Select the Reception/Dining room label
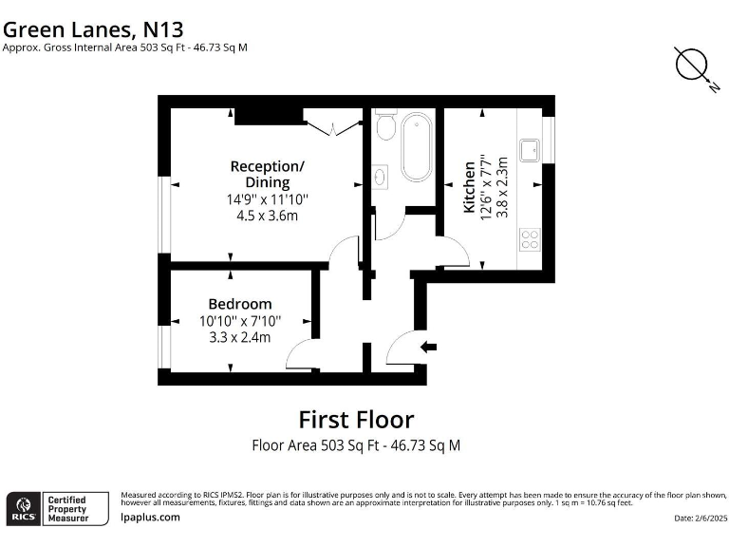point(267,174)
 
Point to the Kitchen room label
point(469,186)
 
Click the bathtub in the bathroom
point(416,147)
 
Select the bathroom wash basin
point(381,176)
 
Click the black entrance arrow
point(429,347)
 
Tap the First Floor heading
point(356,419)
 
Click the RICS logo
point(23,507)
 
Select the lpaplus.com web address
point(151,518)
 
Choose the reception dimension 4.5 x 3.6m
point(267,216)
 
